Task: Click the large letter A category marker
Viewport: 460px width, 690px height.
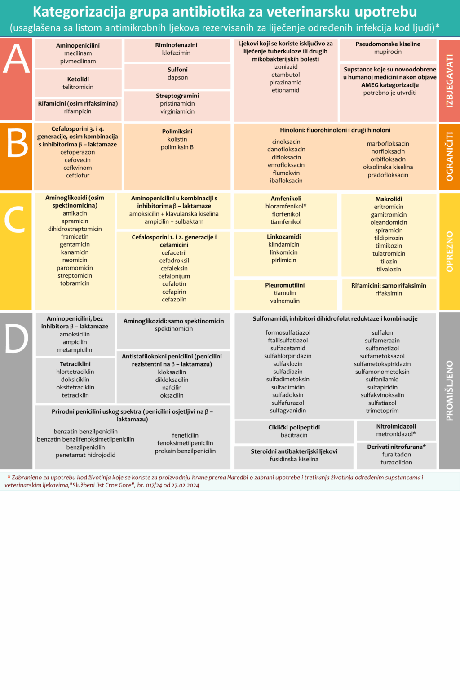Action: [x=16, y=59]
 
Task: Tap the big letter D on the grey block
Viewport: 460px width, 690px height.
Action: [x=16, y=338]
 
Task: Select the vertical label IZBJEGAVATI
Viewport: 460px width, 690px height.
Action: [x=450, y=80]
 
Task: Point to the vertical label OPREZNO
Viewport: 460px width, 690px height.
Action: [x=450, y=252]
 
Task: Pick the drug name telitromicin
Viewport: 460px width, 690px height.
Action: [x=78, y=87]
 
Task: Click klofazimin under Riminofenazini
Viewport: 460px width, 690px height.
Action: [x=176, y=53]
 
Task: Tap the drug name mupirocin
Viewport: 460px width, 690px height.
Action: [x=388, y=52]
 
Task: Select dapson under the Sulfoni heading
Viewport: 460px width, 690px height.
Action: [x=177, y=77]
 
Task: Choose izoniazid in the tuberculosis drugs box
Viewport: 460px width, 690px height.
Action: [x=285, y=67]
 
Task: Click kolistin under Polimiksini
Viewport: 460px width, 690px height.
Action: [x=177, y=139]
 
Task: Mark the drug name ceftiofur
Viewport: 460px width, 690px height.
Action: [x=78, y=175]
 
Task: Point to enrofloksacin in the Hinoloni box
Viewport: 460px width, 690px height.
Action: [x=286, y=165]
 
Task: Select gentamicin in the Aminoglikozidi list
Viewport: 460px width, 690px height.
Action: [x=75, y=244]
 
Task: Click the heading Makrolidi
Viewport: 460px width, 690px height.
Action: [x=389, y=199]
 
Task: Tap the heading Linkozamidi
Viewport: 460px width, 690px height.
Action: [x=284, y=237]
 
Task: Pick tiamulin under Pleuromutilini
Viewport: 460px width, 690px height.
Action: [x=285, y=293]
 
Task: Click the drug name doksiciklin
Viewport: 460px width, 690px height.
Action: [x=75, y=380]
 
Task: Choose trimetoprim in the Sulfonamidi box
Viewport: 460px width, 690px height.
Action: [x=382, y=411]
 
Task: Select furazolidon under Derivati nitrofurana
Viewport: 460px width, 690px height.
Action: [x=396, y=462]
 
